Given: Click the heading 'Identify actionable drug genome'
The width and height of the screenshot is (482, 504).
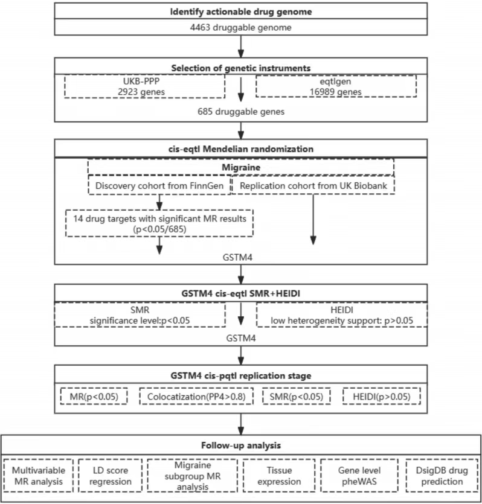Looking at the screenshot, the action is point(241,12).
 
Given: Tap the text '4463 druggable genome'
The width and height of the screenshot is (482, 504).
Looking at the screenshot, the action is point(241,27).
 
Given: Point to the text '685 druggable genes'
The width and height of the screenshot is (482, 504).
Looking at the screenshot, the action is point(241,112).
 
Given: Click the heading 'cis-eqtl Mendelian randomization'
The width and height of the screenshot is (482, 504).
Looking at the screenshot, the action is point(241,149).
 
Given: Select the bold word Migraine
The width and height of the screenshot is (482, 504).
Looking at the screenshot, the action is point(241,167).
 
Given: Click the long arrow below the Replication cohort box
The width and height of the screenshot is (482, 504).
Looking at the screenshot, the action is point(313,220).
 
